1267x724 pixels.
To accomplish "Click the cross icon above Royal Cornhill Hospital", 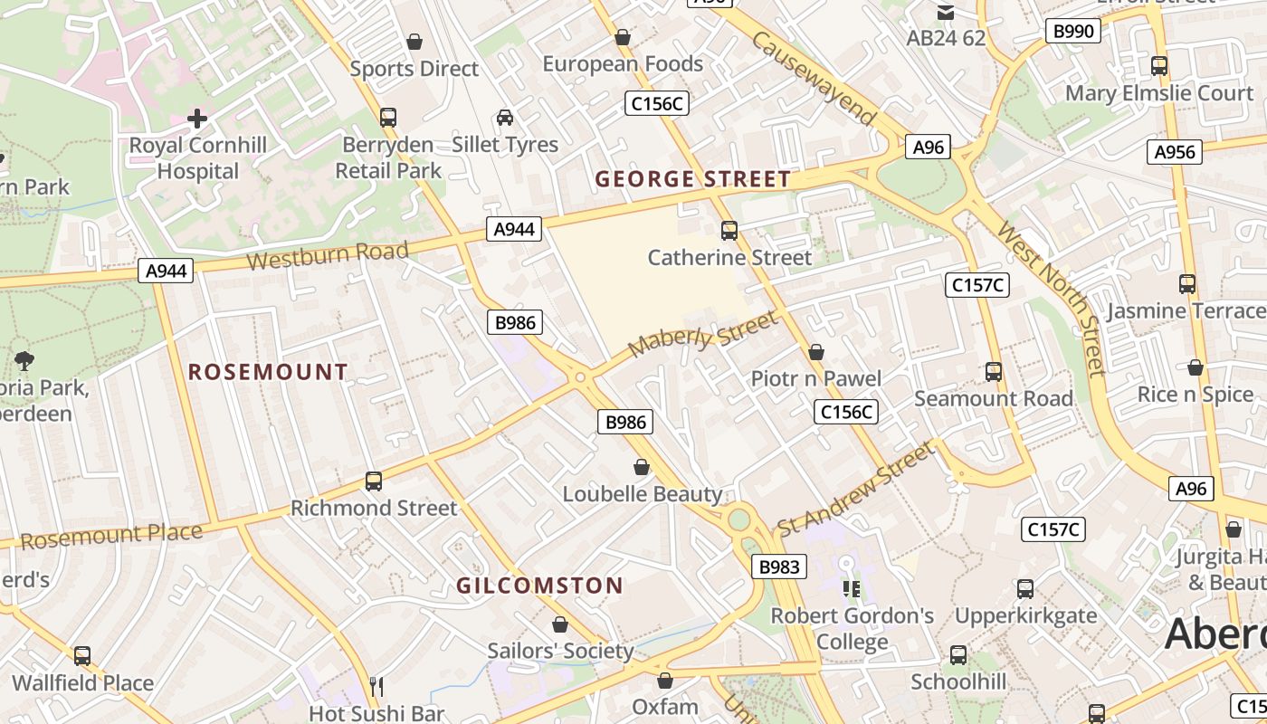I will (x=196, y=118).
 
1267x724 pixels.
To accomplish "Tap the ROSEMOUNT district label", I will (x=268, y=372).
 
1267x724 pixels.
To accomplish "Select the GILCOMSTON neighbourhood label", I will (x=539, y=586).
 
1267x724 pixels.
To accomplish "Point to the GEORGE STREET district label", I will (x=693, y=179).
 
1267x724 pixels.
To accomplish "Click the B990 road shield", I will (x=1074, y=31).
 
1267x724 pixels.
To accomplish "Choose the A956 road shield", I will (x=1175, y=152).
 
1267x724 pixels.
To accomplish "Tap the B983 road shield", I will (x=778, y=567).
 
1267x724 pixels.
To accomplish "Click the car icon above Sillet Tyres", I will (x=505, y=118).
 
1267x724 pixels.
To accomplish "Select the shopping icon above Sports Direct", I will (x=414, y=42).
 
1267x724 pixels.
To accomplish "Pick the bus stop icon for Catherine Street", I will (x=729, y=231).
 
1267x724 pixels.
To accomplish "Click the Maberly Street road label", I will (x=703, y=334).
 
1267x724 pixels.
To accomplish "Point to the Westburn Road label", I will (x=328, y=255).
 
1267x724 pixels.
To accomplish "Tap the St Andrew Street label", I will (x=854, y=488).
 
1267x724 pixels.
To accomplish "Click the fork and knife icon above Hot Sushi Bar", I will (x=376, y=686).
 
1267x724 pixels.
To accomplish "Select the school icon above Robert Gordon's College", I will (x=851, y=589).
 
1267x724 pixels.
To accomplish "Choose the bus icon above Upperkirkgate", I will (x=1025, y=589).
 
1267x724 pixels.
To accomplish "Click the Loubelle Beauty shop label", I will (x=643, y=494).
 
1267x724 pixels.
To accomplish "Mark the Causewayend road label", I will (x=814, y=79).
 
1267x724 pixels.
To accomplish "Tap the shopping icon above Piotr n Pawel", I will (x=816, y=352).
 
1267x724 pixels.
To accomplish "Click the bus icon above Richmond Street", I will (x=374, y=481).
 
